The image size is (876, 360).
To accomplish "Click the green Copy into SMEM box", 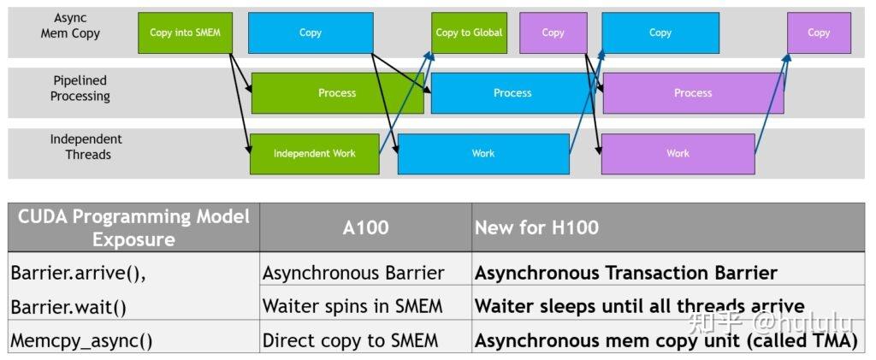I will pos(185,32).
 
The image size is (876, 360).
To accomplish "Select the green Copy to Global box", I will pos(469,32).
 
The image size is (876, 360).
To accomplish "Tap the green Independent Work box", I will pos(314,154).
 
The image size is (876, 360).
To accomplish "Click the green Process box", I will pos(337,93).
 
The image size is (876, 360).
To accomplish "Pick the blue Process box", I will pos(512,93).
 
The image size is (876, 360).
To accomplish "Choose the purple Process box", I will pos(693,93).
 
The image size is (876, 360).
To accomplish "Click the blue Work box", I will pos(483,154).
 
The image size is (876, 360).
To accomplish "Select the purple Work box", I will pos(678,154).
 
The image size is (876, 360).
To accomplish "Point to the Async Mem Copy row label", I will pos(70,26).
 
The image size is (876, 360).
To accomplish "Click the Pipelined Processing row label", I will pos(80,88).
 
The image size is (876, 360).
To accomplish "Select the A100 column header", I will pos(365,227).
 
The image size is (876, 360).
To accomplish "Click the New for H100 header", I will pos(537,227).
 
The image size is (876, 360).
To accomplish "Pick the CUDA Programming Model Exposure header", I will pos(133,227).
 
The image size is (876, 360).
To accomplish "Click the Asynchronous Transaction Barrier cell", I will pos(625,273).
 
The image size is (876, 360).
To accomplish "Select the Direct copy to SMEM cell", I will pos(350,340).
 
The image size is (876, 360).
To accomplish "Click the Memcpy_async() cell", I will pos(81,340).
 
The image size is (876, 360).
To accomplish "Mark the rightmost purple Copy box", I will pos(819,32).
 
